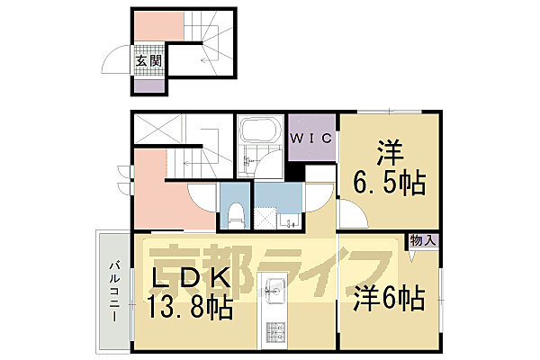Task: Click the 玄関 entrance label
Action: (148, 61)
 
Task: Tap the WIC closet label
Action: (311, 138)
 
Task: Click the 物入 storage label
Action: (423, 240)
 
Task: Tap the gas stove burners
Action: (274, 334)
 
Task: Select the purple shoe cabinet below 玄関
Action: (149, 86)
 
